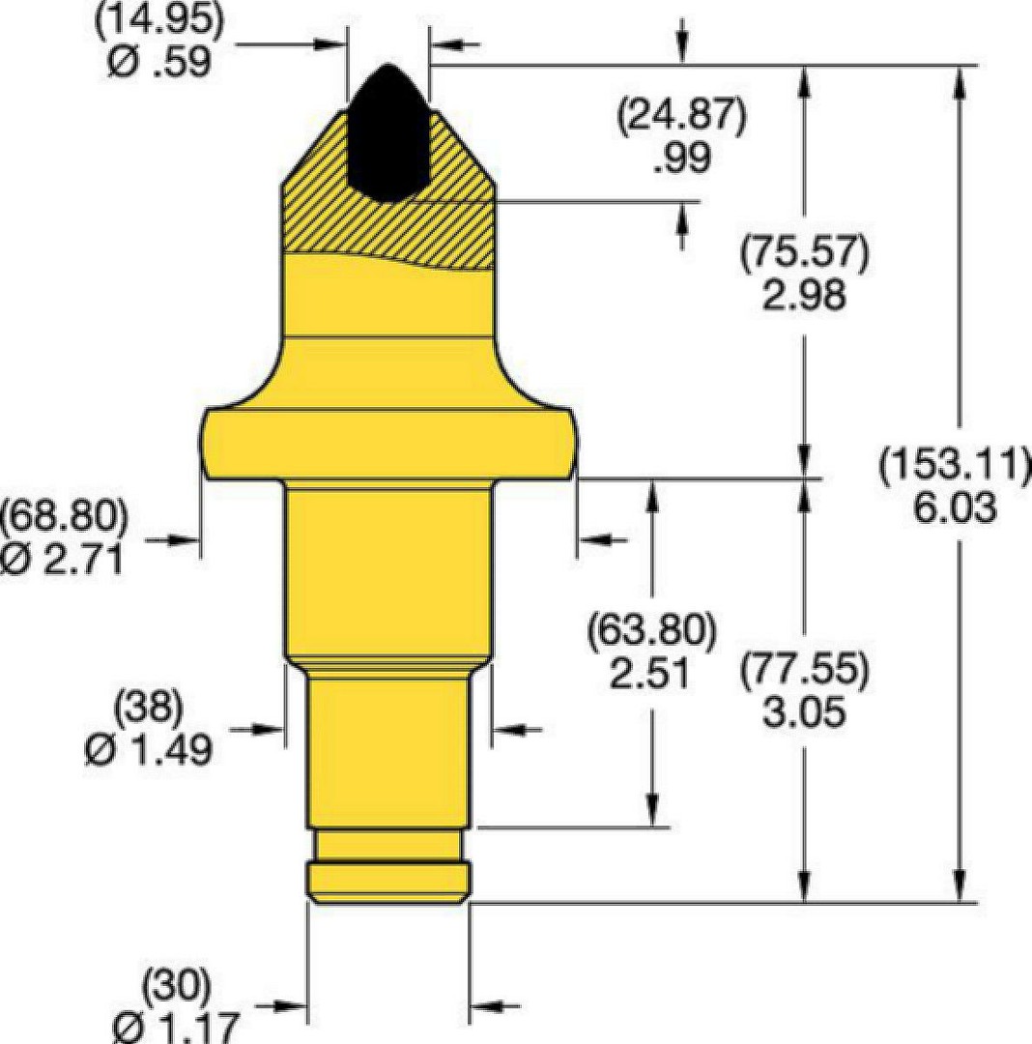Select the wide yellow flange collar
pyautogui.click(x=388, y=442)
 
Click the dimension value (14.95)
pyautogui.click(x=159, y=20)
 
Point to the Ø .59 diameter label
pyautogui.click(x=159, y=61)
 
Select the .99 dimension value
pyautogui.click(x=682, y=158)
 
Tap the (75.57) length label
pyautogui.click(x=805, y=253)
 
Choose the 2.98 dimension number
pyautogui.click(x=805, y=295)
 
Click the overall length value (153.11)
pyautogui.click(x=955, y=465)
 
